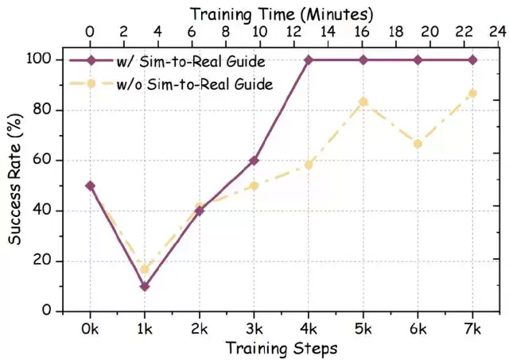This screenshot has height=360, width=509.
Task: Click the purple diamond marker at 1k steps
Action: point(145,286)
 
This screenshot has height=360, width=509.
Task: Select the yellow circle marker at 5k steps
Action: point(363,102)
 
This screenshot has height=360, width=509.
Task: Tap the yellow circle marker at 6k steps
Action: point(418,144)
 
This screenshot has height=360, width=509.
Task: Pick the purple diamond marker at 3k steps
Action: point(254,161)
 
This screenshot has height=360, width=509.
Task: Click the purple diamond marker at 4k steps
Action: point(309,60)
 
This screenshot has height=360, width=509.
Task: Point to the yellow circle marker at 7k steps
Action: point(472,94)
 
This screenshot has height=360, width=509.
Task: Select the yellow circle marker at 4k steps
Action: point(309,165)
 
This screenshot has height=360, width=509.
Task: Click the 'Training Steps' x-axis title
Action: point(281,348)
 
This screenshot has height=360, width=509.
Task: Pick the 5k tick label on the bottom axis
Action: point(363,327)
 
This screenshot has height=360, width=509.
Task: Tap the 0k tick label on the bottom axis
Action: point(90,327)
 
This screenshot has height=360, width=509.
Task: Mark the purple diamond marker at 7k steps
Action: point(472,60)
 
